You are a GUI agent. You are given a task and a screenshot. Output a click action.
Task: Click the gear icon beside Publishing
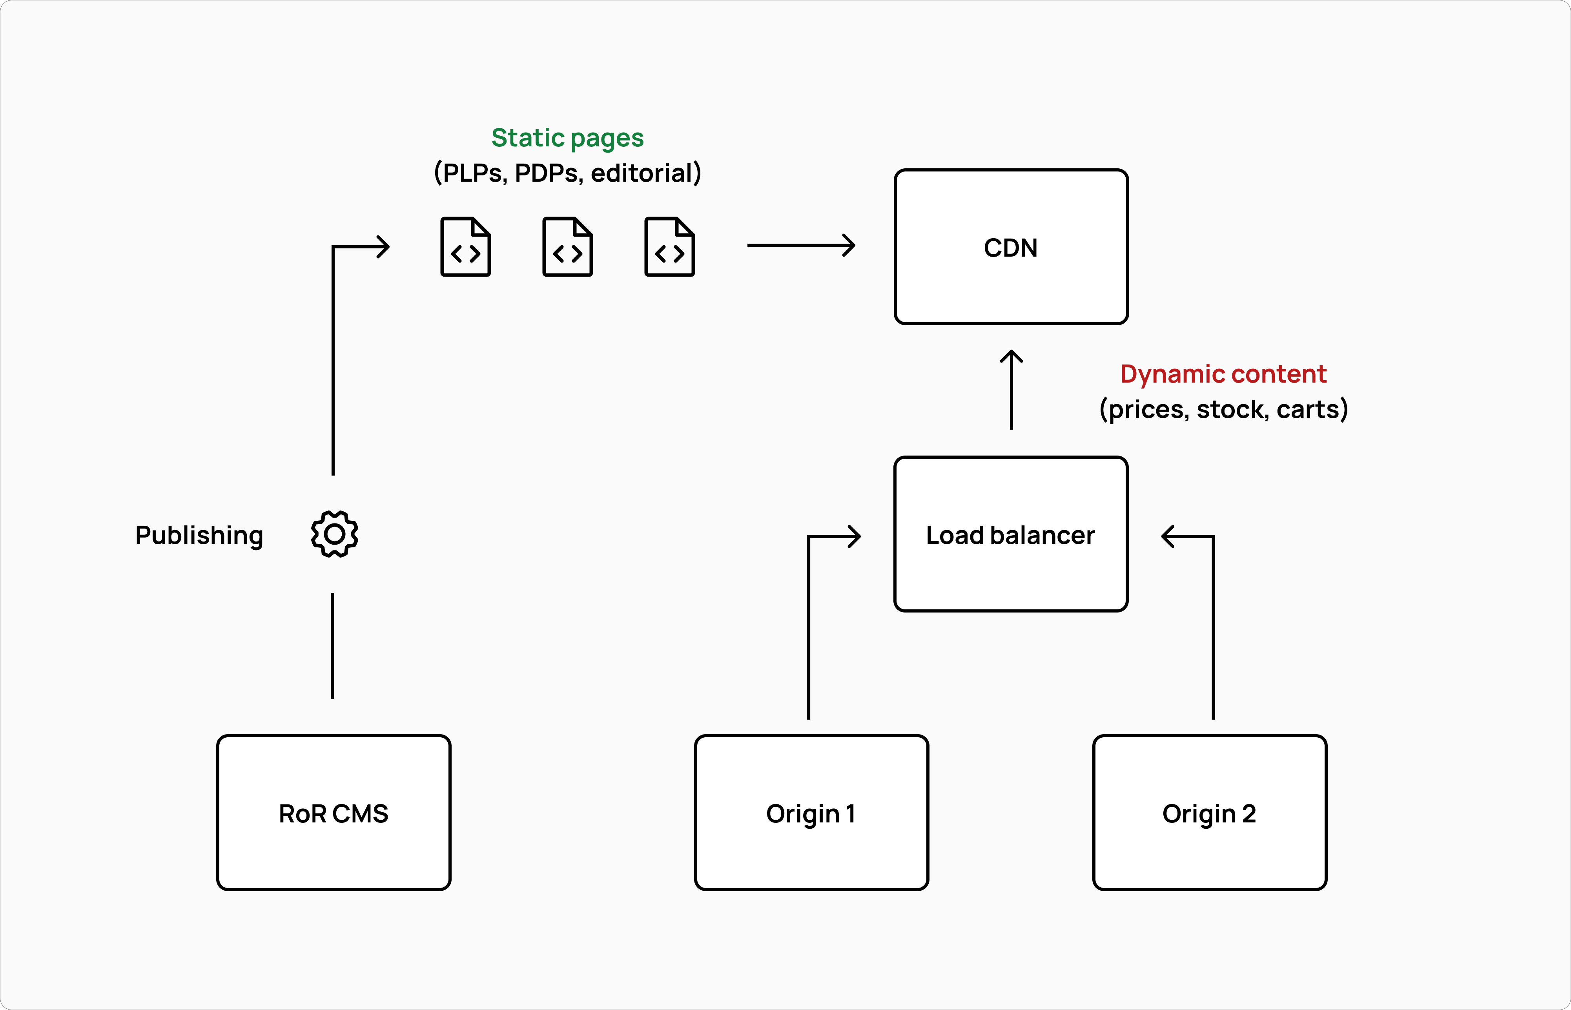click(x=334, y=534)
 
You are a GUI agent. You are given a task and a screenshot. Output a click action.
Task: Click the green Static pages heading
click(x=567, y=138)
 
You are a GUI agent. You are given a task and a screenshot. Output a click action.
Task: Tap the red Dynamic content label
click(x=1223, y=374)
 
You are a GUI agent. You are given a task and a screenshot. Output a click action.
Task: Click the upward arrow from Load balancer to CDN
click(x=1011, y=390)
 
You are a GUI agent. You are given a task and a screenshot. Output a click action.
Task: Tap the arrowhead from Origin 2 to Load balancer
click(x=1168, y=536)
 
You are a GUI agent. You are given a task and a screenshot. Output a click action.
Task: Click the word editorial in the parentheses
click(x=641, y=173)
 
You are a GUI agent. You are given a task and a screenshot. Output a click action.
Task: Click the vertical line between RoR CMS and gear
click(x=332, y=646)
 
